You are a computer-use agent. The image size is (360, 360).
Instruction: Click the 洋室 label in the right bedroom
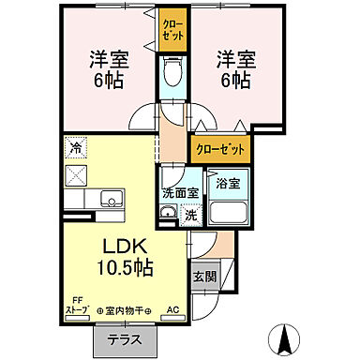(x=232, y=58)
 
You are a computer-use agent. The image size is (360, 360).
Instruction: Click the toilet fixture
(x=172, y=70)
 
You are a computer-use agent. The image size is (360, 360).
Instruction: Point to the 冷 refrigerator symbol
(x=74, y=146)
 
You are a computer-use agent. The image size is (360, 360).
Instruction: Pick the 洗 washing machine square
(x=189, y=214)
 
